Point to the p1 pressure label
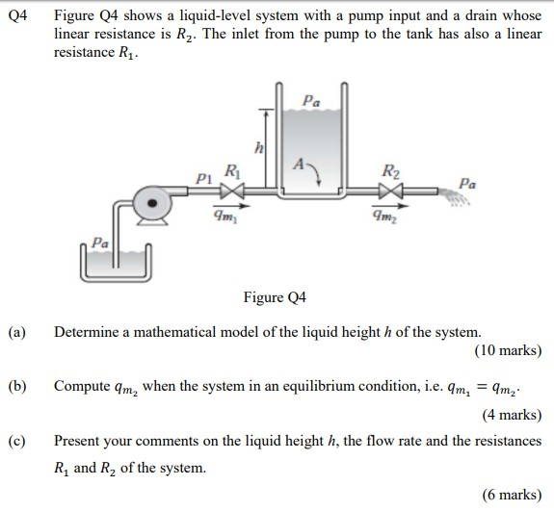click(201, 178)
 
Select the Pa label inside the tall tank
click(308, 100)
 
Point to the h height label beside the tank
click(257, 146)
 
